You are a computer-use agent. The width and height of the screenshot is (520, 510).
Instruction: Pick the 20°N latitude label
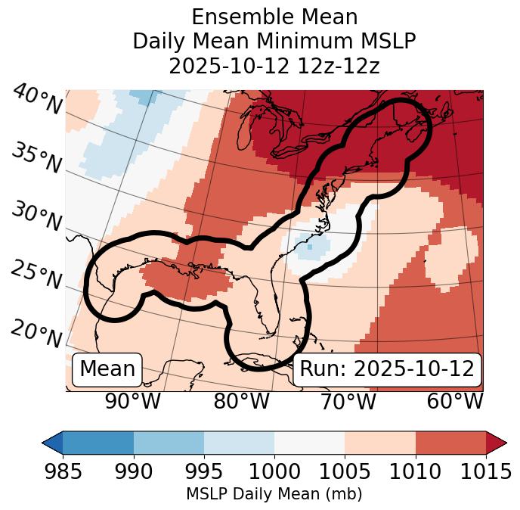pos(36,333)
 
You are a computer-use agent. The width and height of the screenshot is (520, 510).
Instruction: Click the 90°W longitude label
pos(132,402)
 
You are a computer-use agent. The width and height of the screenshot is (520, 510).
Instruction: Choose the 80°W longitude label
pos(241,402)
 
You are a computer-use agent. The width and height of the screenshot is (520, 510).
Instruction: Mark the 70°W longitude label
pos(348,402)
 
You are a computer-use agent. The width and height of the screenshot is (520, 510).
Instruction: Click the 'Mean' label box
pos(107,369)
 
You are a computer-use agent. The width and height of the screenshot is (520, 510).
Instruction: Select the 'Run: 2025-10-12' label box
pos(387,369)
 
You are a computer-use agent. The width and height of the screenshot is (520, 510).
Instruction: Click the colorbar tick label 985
pos(63,471)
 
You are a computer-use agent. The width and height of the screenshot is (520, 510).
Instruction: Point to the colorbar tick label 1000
pos(274,471)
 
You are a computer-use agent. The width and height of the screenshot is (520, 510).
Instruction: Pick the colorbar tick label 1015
pos(485,471)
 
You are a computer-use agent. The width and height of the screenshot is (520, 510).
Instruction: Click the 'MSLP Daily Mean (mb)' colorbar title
pos(274,495)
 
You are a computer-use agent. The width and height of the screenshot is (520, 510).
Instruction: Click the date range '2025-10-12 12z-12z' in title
pos(274,66)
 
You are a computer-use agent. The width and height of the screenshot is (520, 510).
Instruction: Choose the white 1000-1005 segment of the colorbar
pos(309,443)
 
